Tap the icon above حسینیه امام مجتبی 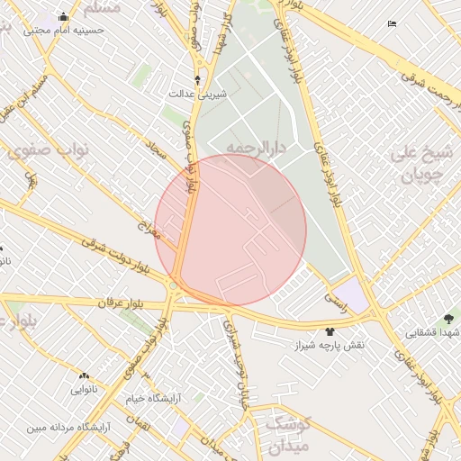point(62,17)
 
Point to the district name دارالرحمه point(255,147)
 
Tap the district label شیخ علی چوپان point(418,165)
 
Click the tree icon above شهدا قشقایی point(448,319)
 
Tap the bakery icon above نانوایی point(84,375)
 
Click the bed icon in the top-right point(391,23)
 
